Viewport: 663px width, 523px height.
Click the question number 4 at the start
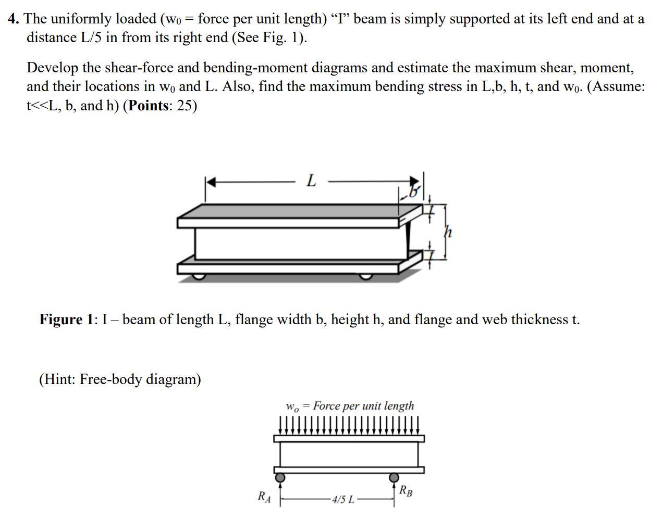pos(14,19)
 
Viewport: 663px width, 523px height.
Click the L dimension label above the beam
pos(311,181)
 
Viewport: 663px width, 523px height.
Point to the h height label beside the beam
pos(447,232)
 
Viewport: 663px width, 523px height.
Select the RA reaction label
pos(264,497)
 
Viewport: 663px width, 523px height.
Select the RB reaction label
pos(406,490)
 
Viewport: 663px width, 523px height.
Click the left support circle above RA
pos(280,477)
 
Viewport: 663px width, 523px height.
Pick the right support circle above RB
pos(394,477)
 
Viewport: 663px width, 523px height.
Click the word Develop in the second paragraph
pos(52,68)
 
